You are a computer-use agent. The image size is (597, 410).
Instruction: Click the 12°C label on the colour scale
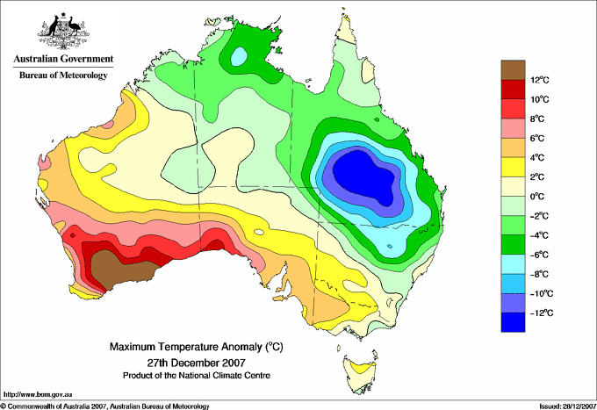click(540, 80)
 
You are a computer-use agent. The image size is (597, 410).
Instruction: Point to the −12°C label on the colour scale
click(540, 313)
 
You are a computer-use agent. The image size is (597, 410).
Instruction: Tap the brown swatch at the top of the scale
click(512, 70)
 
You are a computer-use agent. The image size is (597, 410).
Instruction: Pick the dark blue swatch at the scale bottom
click(512, 322)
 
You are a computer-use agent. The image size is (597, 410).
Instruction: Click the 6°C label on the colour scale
click(538, 139)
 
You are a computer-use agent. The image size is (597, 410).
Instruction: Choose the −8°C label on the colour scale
click(540, 274)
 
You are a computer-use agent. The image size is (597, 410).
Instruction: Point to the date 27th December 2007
click(196, 362)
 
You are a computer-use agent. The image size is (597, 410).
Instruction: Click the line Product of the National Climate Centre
click(196, 375)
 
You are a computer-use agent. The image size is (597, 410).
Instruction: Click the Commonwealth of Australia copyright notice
click(105, 406)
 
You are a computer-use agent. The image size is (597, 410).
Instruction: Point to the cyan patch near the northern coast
click(239, 57)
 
